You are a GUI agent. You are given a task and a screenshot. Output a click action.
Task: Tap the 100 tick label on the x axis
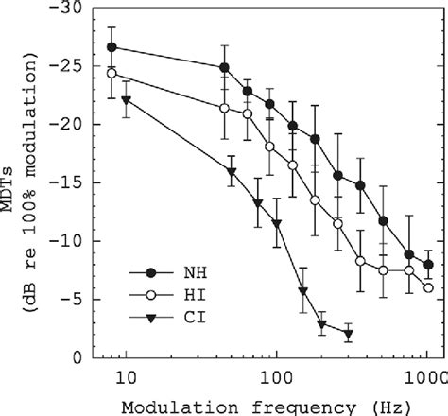point(276,378)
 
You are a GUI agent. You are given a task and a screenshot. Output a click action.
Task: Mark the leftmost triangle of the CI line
point(127,100)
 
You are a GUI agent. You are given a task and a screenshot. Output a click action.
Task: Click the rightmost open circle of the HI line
point(429,287)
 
